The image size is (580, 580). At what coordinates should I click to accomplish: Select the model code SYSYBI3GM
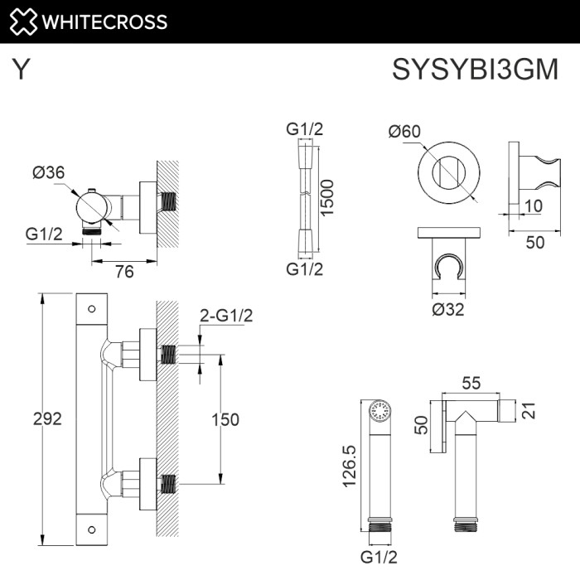click(475, 70)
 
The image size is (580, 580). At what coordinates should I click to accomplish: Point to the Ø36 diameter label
click(49, 172)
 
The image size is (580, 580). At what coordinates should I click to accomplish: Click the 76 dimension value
click(123, 273)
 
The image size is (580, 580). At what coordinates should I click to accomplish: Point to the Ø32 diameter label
click(448, 310)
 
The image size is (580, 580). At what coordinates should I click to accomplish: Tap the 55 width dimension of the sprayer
click(473, 383)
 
